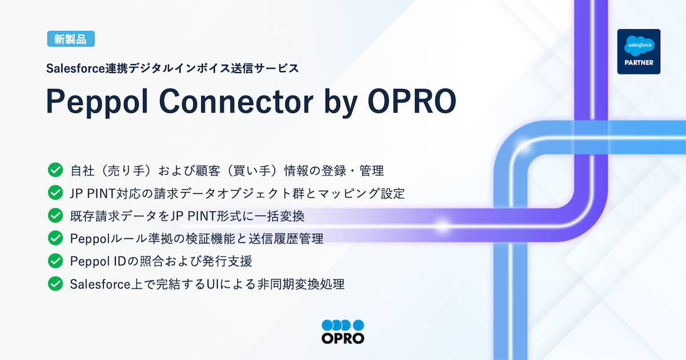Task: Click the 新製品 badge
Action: pos(71,39)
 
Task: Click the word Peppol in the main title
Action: pos(97,102)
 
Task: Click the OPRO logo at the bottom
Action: pos(342,331)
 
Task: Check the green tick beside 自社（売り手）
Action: pos(55,170)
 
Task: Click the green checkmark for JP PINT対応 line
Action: pos(55,193)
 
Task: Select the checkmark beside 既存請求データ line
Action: pos(55,215)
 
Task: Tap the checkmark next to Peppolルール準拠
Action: pos(55,238)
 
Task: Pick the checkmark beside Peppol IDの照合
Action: pos(55,261)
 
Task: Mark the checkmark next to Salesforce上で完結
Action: pos(55,283)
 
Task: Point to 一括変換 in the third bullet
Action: pos(292,216)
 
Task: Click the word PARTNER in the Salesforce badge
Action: pos(639,62)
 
